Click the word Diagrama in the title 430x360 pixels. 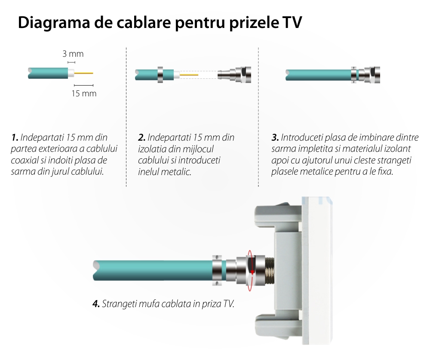[x=54, y=22]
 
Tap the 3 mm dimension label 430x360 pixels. [x=73, y=54]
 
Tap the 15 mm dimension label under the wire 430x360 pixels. [x=84, y=94]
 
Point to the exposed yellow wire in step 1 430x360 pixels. [x=84, y=73]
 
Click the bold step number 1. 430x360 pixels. [x=15, y=137]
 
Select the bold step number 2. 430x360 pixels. [x=141, y=137]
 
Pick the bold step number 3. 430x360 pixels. [x=275, y=137]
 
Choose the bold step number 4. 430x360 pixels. [x=96, y=304]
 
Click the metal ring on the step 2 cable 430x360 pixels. [x=160, y=74]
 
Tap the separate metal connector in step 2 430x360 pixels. [x=234, y=75]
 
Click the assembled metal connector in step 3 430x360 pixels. [x=365, y=75]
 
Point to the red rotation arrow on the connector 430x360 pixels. [x=250, y=271]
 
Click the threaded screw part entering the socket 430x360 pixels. [x=270, y=271]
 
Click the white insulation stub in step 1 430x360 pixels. [x=71, y=73]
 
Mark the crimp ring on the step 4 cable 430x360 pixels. [x=217, y=271]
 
